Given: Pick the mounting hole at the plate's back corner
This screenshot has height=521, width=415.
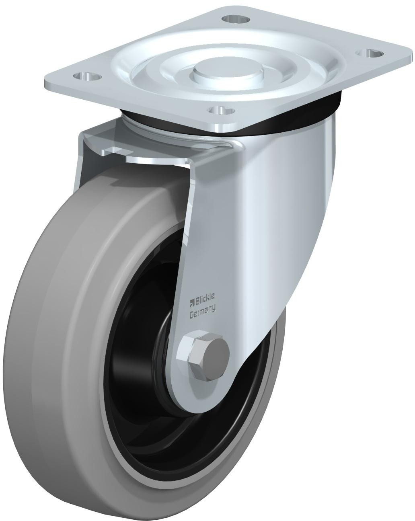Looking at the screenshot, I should (234, 18).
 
